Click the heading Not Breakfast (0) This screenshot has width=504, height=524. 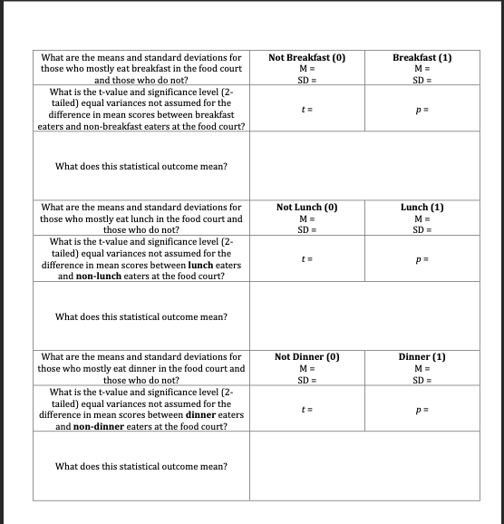[x=307, y=58]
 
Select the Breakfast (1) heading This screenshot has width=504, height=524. [x=422, y=58]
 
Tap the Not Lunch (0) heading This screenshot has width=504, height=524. [x=307, y=208]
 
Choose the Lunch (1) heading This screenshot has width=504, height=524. [x=422, y=208]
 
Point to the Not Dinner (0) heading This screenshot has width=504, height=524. [x=307, y=357]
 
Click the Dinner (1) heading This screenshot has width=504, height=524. [x=422, y=357]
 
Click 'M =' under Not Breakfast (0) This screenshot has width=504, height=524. [x=306, y=69]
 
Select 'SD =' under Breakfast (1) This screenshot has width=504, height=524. [x=422, y=80]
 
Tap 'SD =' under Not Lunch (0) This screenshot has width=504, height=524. [x=306, y=229]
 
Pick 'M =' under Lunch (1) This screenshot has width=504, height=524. [x=422, y=218]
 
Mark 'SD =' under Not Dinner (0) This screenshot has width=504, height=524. [x=306, y=379]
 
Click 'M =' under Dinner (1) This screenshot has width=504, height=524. [x=422, y=368]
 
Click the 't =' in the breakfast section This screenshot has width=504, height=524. [x=306, y=109]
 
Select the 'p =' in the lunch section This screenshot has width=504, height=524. [x=422, y=259]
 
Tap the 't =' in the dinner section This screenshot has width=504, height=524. [x=306, y=409]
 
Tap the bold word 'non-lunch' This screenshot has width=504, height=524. [x=100, y=276]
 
